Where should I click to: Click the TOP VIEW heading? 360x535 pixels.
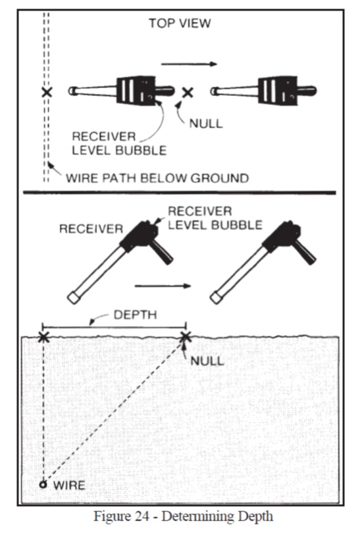[180, 23]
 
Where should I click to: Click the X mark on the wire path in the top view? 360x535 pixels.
[47, 91]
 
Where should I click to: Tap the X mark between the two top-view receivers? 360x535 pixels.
[187, 92]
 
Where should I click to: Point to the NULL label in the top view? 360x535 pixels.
[206, 124]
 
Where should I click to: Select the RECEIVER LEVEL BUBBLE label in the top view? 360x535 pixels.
[119, 143]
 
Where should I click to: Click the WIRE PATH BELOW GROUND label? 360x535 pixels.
[157, 178]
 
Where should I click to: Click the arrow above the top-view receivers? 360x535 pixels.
[189, 64]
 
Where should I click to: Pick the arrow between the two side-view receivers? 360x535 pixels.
[163, 286]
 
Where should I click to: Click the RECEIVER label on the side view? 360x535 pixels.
[91, 228]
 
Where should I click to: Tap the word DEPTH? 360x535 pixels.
[135, 315]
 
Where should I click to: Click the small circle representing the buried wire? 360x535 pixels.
[43, 484]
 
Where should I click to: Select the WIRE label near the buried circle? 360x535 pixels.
[69, 485]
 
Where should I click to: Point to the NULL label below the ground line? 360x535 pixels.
[207, 361]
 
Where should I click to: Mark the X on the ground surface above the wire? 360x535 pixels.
[43, 337]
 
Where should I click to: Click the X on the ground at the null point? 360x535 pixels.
[185, 337]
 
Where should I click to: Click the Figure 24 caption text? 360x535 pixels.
[183, 516]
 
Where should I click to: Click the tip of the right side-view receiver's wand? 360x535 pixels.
[215, 297]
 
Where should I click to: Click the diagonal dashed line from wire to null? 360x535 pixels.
[114, 411]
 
